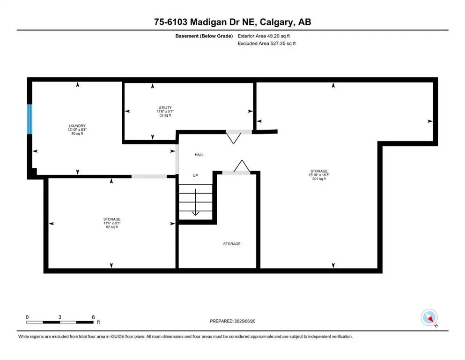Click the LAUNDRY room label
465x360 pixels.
point(77,126)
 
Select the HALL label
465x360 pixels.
point(199,154)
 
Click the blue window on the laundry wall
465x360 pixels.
point(30,119)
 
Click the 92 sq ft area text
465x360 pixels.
point(111,227)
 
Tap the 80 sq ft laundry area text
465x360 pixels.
point(77,134)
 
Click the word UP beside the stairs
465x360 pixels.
point(197,176)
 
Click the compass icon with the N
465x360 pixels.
point(429,318)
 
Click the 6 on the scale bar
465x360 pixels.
point(94,317)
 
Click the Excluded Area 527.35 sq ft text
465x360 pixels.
point(266,43)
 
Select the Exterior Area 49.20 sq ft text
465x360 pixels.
point(267,36)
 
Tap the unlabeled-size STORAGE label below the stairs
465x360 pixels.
point(232,244)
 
